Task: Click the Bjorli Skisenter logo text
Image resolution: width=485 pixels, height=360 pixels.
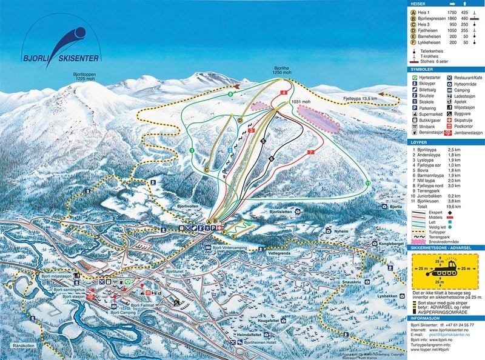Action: [x=60, y=58]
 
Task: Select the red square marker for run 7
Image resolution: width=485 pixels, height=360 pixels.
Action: [x=311, y=152]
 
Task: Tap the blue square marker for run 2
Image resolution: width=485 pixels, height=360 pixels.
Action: [x=230, y=150]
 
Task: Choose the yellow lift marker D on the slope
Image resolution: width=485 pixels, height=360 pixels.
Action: [x=240, y=121]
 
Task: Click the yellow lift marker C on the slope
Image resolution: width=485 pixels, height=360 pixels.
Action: [x=207, y=170]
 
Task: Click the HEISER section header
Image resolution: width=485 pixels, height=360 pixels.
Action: [x=418, y=4]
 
